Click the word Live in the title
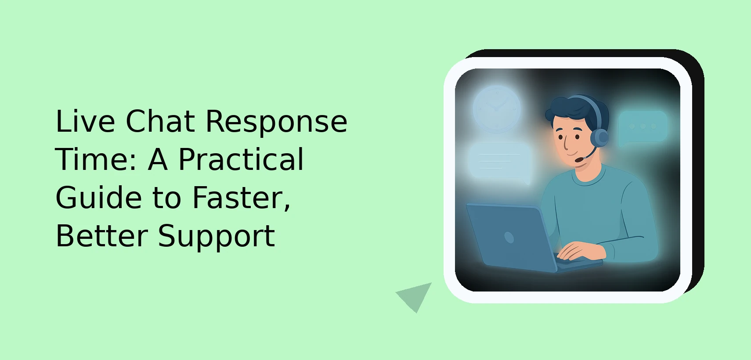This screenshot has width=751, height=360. pos(85,121)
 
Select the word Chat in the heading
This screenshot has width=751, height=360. pos(160,121)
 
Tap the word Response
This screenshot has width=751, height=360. pos(276,122)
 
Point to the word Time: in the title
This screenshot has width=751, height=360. pos(96,159)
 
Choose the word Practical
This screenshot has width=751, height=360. pos(241,159)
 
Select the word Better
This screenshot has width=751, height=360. pos(102,236)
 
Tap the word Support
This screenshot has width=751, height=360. pos(216,238)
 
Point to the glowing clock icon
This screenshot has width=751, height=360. pos(497,109)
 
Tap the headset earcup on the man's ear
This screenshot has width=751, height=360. pos(599,137)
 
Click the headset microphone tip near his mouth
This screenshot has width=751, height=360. pos(579,160)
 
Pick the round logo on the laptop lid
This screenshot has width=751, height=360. pos(509,238)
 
